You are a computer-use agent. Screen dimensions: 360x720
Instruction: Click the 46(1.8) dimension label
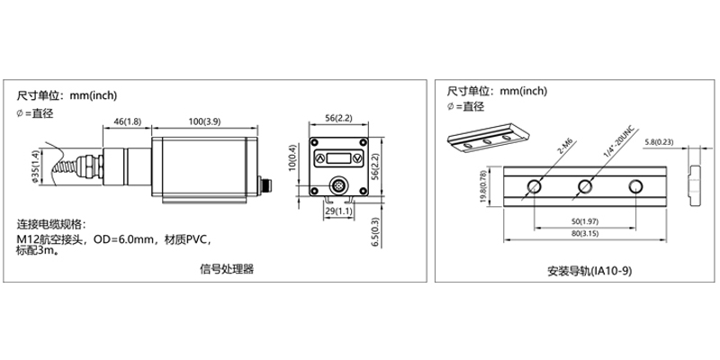click(128, 121)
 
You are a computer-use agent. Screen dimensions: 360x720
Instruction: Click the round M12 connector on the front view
click(338, 182)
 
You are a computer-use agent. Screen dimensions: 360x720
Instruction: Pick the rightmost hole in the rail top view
click(635, 186)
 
